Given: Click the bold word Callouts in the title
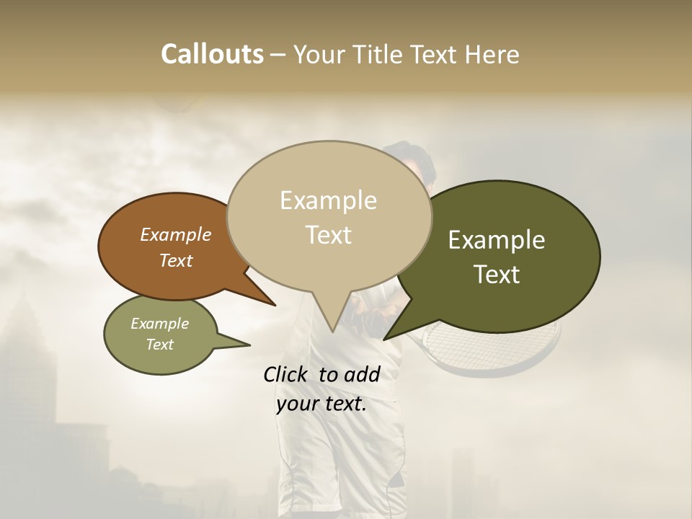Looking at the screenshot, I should (212, 54).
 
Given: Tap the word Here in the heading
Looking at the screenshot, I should (492, 54).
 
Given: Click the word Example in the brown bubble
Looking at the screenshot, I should (176, 234).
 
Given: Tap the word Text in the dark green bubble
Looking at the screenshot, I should (497, 274).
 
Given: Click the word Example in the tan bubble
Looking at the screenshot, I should (328, 200).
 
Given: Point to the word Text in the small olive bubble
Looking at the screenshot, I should (160, 345).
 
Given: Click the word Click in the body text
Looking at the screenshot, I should (286, 374).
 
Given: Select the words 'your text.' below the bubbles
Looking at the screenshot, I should (321, 404).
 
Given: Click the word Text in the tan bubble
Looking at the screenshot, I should (328, 235).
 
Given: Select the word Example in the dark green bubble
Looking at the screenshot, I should (497, 240).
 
